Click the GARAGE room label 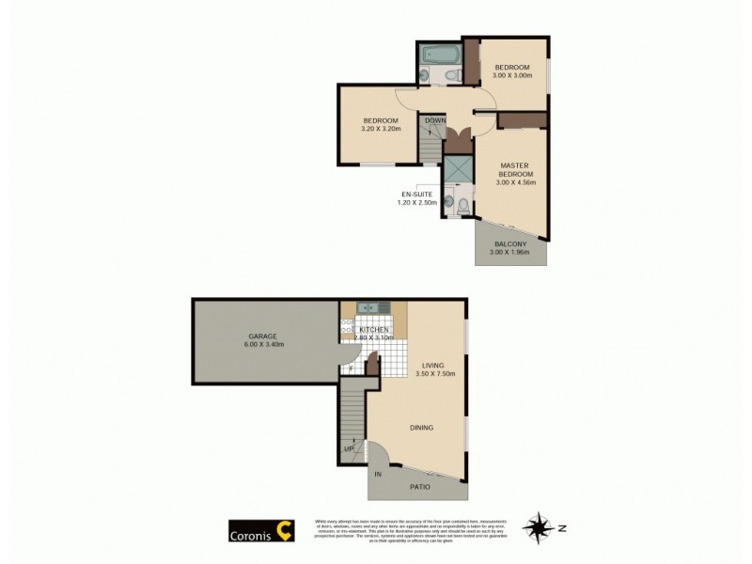(x=262, y=336)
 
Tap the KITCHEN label (x=373, y=330)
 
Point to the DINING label (x=421, y=428)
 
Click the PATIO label (x=421, y=487)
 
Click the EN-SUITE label (x=417, y=194)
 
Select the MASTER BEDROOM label (x=515, y=169)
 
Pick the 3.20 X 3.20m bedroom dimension (x=381, y=129)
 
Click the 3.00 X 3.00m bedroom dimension (x=512, y=75)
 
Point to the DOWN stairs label (x=434, y=120)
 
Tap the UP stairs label (x=350, y=449)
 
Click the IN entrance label (x=378, y=474)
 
